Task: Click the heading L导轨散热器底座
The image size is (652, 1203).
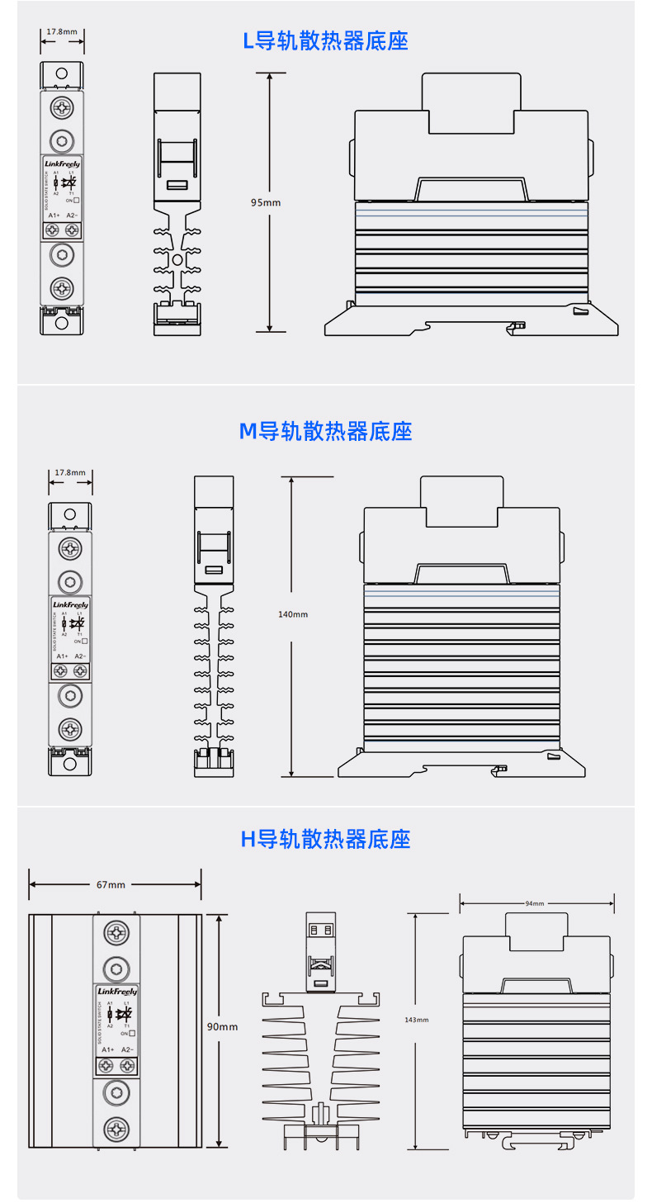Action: (325, 40)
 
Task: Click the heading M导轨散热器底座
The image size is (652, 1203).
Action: (325, 430)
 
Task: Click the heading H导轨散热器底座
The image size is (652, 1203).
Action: (325, 839)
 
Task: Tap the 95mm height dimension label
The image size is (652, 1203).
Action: (266, 202)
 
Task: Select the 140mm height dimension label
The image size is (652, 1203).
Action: (292, 614)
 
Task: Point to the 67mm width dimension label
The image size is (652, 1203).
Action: (111, 884)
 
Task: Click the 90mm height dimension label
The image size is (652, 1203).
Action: (222, 1026)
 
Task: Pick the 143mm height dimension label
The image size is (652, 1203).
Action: (418, 1021)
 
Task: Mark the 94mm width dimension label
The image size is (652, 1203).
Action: (535, 903)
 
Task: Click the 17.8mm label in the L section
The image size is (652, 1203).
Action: (62, 32)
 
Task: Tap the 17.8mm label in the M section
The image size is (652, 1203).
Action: (70, 473)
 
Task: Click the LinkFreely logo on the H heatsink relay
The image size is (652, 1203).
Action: (116, 991)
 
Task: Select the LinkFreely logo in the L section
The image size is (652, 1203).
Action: (62, 164)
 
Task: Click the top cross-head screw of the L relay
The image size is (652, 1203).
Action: (62, 107)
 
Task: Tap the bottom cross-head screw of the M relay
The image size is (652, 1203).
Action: (70, 728)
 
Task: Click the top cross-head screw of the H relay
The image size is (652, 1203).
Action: (116, 934)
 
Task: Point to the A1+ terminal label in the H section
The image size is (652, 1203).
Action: (107, 1049)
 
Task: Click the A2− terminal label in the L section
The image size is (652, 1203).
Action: (72, 215)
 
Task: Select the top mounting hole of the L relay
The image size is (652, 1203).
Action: (62, 74)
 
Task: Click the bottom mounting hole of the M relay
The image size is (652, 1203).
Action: (70, 763)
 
